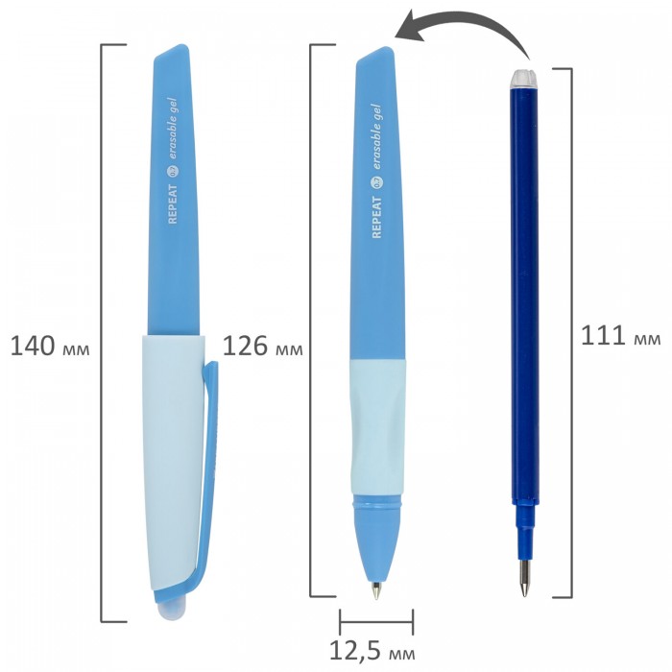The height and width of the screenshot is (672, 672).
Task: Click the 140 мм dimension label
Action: click(50, 347)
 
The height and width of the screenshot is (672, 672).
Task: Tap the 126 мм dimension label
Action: click(262, 347)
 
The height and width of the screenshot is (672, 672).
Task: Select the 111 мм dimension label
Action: click(620, 335)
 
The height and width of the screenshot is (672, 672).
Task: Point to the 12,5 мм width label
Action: click(372, 652)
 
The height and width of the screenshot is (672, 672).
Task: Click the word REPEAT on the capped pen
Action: click(172, 204)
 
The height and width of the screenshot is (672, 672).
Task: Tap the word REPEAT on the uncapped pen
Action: click(376, 217)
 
